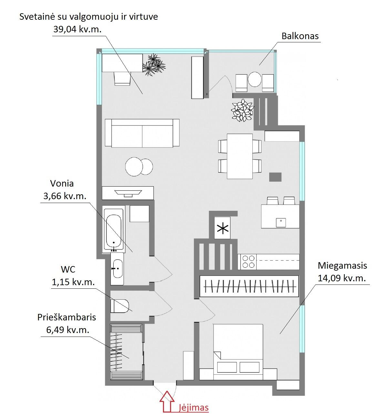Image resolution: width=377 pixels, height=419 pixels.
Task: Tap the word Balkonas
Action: [300, 36]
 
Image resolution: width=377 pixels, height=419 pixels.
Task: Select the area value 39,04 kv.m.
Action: [77, 29]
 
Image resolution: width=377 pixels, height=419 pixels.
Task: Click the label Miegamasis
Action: [342, 265]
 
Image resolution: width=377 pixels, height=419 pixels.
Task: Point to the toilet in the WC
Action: [119, 306]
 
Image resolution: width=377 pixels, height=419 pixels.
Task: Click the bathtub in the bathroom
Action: [114, 229]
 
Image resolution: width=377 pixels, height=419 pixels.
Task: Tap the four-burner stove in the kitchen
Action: [249, 262]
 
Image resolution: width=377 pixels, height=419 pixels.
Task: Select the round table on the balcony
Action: [255, 80]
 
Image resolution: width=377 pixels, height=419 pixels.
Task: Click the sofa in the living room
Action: [142, 133]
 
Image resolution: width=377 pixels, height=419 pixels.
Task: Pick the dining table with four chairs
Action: [240, 156]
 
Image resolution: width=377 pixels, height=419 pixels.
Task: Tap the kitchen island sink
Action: [281, 223]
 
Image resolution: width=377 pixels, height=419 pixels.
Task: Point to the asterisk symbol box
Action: [222, 228]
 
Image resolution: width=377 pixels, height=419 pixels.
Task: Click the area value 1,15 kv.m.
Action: [73, 282]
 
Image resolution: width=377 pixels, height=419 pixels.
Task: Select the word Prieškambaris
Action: [66, 317]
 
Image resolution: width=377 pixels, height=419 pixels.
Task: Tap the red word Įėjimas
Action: [194, 407]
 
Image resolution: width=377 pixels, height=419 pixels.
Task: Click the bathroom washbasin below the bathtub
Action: [117, 269]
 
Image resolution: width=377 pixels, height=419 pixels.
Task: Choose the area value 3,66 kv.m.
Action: [65, 196]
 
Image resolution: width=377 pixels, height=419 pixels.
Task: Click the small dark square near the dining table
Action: [275, 177]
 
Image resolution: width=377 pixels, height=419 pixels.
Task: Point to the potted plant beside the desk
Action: [154, 64]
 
